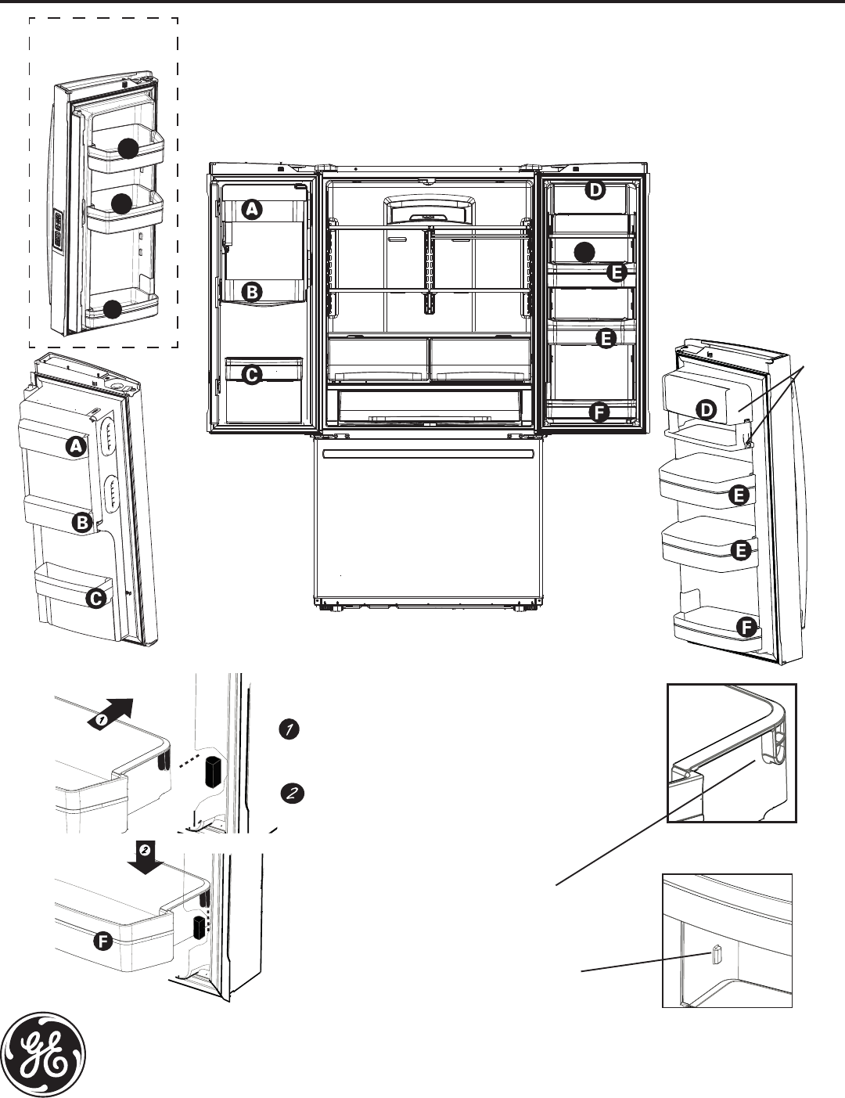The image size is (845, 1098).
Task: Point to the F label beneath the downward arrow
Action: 102,942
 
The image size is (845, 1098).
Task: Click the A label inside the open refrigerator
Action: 252,209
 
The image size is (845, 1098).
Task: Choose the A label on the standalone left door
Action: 76,447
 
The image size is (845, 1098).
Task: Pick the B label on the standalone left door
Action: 81,524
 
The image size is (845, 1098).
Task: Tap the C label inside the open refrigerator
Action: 251,376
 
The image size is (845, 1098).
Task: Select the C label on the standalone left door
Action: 95,599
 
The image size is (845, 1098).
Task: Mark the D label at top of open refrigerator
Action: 596,190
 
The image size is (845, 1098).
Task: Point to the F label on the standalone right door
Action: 746,627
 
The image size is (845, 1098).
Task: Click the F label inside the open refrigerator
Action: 599,414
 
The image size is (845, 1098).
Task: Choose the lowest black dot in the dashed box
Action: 112,309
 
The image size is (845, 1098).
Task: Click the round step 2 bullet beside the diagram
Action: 289,793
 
